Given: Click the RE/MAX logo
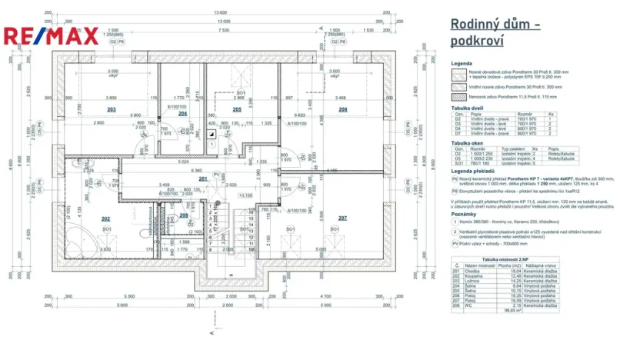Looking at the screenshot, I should pos(51,35).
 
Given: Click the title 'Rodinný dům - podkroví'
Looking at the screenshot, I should pos(494,32).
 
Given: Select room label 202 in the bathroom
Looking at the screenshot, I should pos(106,218).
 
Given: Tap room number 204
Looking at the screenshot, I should pos(183,113).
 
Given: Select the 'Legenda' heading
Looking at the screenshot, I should pos(462,64).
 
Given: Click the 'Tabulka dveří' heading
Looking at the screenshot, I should pos(468,108).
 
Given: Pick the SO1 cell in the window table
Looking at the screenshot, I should pos(458,162).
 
